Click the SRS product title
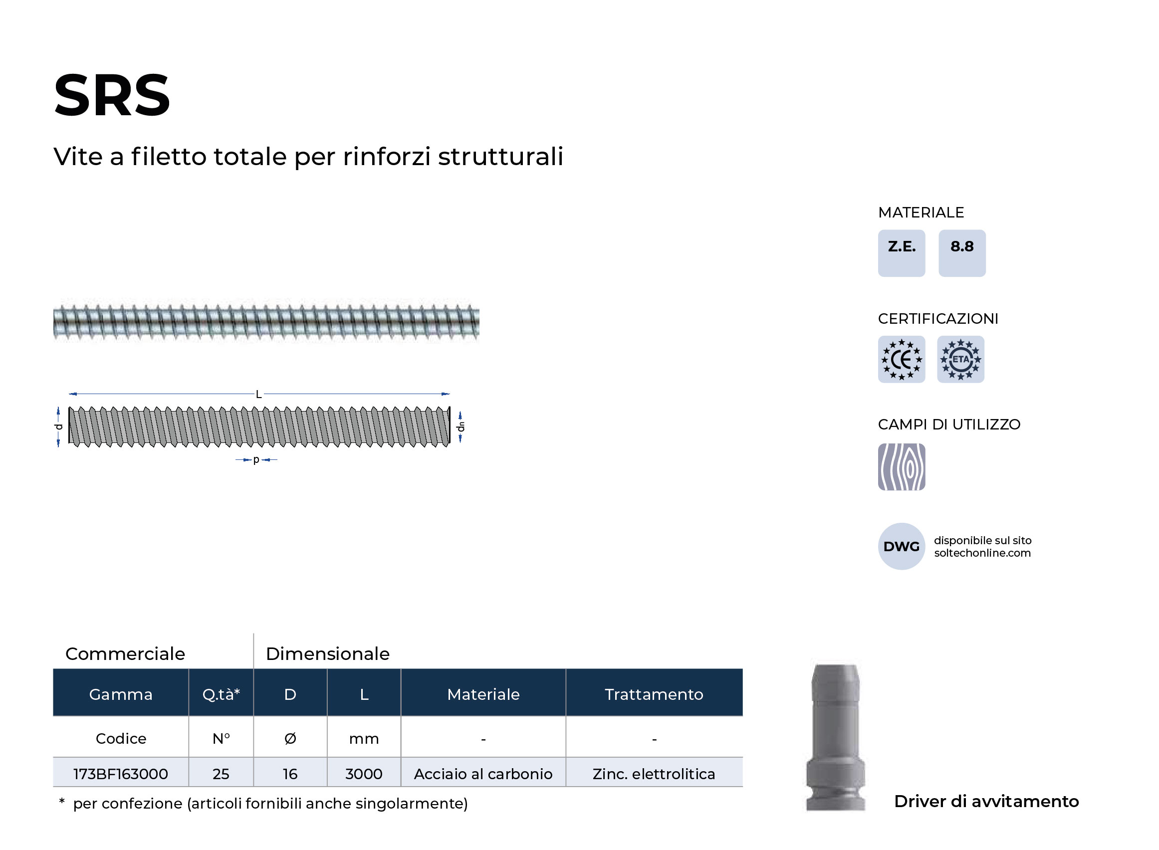112,95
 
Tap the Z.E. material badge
901,253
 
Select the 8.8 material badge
962,253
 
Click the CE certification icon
901,359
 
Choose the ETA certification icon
960,359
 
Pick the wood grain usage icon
901,467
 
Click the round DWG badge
901,546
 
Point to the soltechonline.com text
982,553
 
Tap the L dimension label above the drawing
259,395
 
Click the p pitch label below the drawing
256,460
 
